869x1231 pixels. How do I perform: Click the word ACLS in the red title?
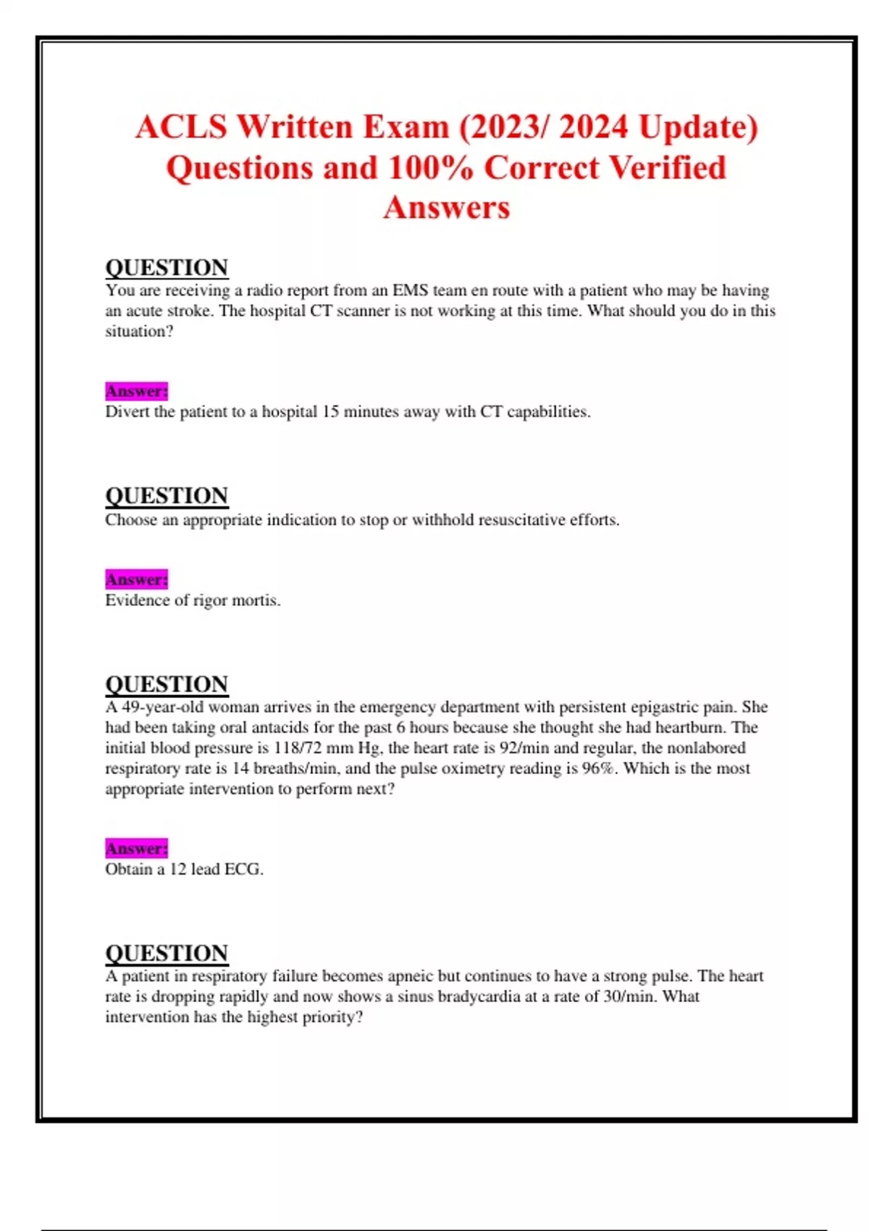pos(181,127)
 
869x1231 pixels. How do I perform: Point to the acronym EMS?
pos(410,290)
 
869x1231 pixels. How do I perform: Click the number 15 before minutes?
pos(330,411)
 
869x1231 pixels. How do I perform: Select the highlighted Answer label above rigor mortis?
pos(136,579)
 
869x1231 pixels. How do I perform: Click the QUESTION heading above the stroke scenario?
pos(167,267)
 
